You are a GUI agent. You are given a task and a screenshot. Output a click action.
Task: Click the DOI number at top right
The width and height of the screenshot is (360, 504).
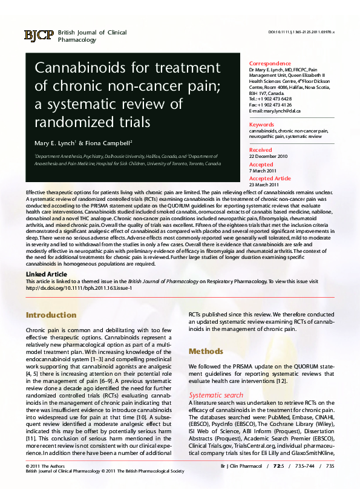click(x=301, y=32)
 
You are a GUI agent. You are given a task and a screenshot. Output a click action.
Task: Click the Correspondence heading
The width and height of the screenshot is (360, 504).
click(x=270, y=64)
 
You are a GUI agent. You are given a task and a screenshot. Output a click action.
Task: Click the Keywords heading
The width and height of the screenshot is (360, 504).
click(x=262, y=124)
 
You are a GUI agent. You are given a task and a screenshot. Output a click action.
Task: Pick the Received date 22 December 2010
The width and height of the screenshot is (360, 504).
click(x=269, y=156)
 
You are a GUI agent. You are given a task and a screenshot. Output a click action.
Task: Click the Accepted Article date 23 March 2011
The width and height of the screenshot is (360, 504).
click(x=264, y=185)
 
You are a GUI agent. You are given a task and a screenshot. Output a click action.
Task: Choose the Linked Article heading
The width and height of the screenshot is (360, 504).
click(x=46, y=275)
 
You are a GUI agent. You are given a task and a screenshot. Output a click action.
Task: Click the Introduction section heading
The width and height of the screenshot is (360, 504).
click(x=51, y=315)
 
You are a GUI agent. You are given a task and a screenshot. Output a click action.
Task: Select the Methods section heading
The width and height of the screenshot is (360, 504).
click(x=206, y=351)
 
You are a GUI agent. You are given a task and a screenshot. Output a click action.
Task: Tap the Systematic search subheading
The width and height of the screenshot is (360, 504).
click(x=216, y=395)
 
